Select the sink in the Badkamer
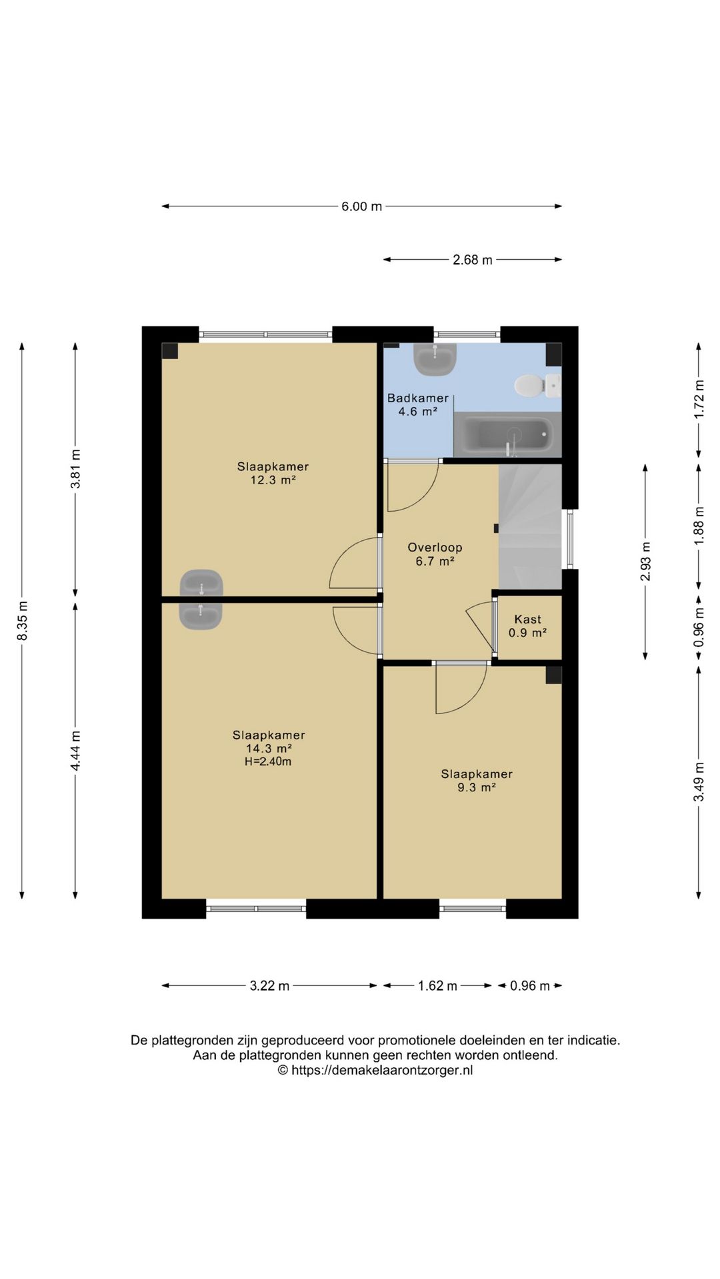(435, 358)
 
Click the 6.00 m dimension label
(362, 207)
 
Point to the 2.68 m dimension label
(473, 260)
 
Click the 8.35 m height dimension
(23, 621)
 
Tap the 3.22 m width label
(269, 986)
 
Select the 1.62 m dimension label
(437, 986)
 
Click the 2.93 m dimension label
(645, 561)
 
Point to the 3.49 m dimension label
(699, 782)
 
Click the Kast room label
(528, 620)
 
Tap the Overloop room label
(435, 548)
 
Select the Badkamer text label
(418, 398)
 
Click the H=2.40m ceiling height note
(268, 761)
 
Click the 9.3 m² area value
(477, 787)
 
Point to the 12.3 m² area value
(273, 480)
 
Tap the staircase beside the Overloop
(531, 526)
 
